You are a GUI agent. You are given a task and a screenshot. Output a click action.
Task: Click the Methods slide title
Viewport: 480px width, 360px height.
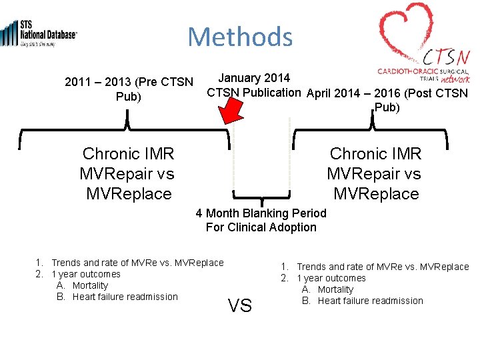(x=240, y=37)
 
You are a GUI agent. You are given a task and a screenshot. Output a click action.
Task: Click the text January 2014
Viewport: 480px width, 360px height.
(x=254, y=79)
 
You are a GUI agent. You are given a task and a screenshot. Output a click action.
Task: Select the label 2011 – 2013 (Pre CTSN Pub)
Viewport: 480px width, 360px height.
(x=129, y=89)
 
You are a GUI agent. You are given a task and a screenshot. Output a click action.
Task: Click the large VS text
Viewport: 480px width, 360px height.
(x=240, y=306)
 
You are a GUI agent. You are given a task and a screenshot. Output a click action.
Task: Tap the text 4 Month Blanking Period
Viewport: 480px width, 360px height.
(x=261, y=213)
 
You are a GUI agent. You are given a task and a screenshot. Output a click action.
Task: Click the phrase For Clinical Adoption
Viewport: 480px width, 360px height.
(x=261, y=227)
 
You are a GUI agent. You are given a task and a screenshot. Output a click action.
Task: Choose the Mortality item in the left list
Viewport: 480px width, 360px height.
(x=90, y=285)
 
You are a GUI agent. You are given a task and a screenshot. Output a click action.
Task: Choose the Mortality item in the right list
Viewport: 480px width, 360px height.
(x=335, y=289)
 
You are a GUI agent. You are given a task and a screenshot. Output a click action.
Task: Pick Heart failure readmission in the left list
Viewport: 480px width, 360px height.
(x=125, y=297)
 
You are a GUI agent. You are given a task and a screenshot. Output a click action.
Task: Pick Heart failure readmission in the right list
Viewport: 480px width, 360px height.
(x=370, y=301)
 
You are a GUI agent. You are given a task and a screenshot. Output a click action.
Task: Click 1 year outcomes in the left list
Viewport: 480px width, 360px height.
(x=86, y=274)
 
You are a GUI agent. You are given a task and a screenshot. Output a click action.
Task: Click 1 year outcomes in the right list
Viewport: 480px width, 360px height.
(x=331, y=278)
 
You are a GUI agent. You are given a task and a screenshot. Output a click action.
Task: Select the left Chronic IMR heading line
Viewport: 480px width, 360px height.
(x=128, y=154)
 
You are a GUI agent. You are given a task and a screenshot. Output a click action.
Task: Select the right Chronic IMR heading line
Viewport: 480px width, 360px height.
(x=376, y=154)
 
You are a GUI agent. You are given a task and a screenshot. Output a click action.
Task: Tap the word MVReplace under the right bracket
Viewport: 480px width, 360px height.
(x=376, y=194)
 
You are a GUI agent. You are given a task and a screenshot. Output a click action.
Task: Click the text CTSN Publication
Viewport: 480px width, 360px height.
(x=253, y=92)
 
